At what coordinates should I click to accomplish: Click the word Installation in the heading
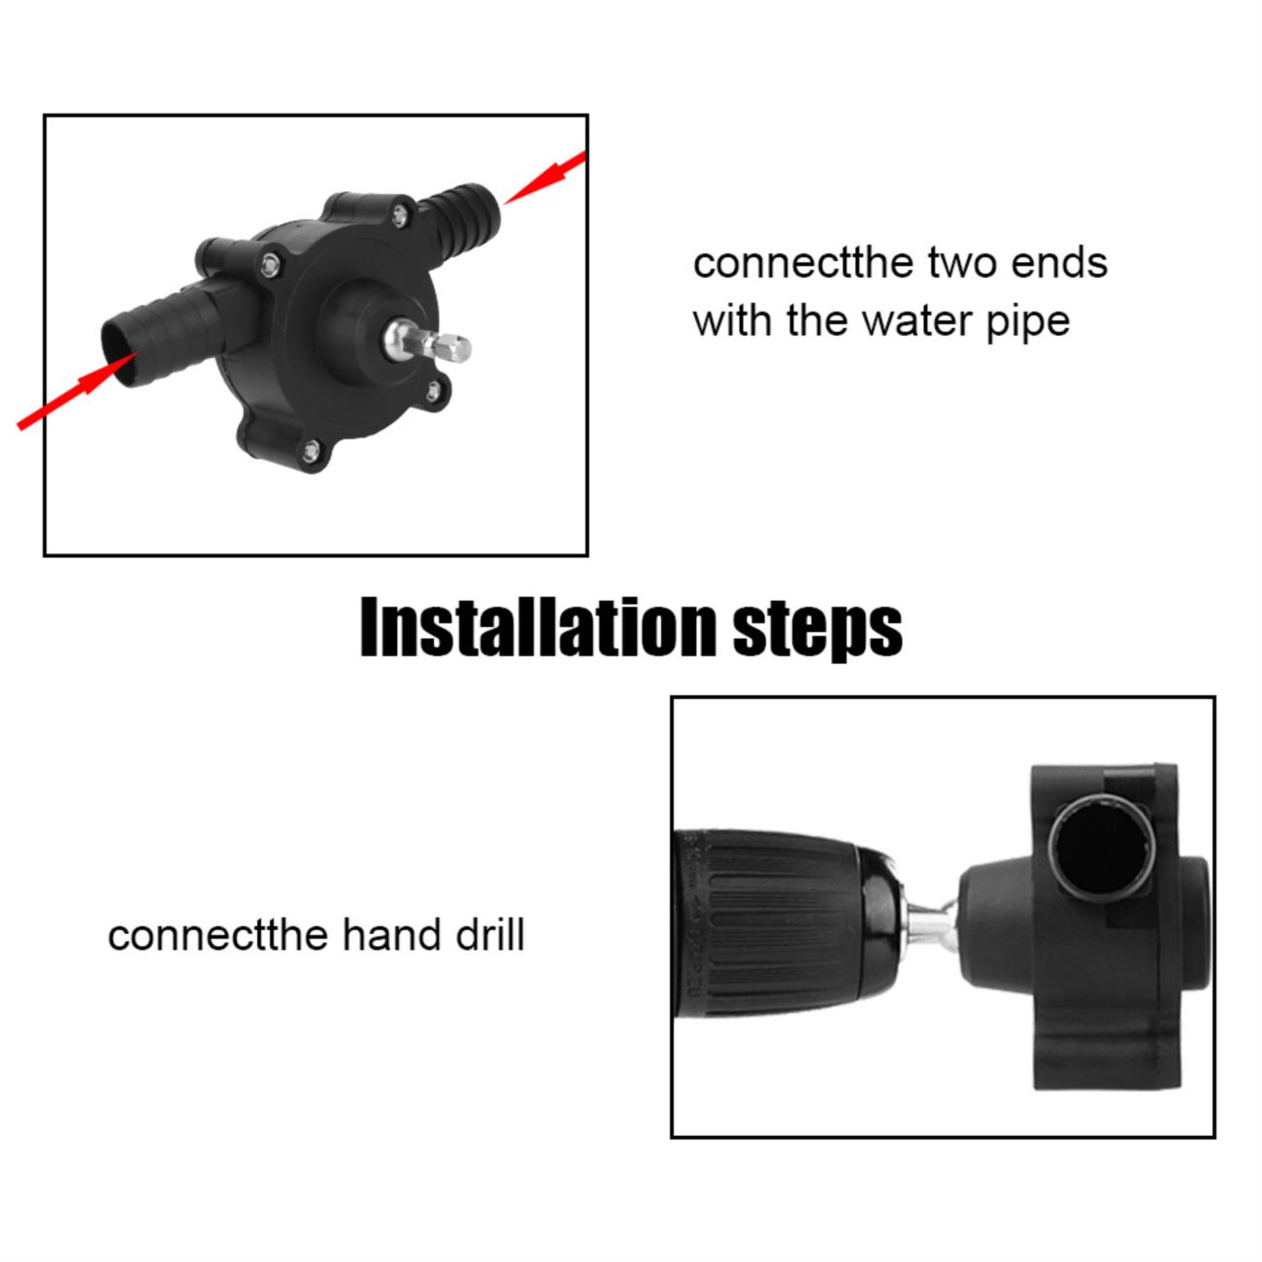coord(539,626)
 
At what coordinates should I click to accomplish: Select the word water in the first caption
coord(917,321)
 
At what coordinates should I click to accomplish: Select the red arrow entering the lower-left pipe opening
coord(77,391)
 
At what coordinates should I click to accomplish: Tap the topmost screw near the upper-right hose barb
coord(400,216)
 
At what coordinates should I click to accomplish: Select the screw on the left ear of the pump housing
coord(270,265)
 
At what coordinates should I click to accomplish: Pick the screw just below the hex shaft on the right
coord(434,391)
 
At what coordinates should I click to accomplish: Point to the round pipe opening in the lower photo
coord(1102,848)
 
